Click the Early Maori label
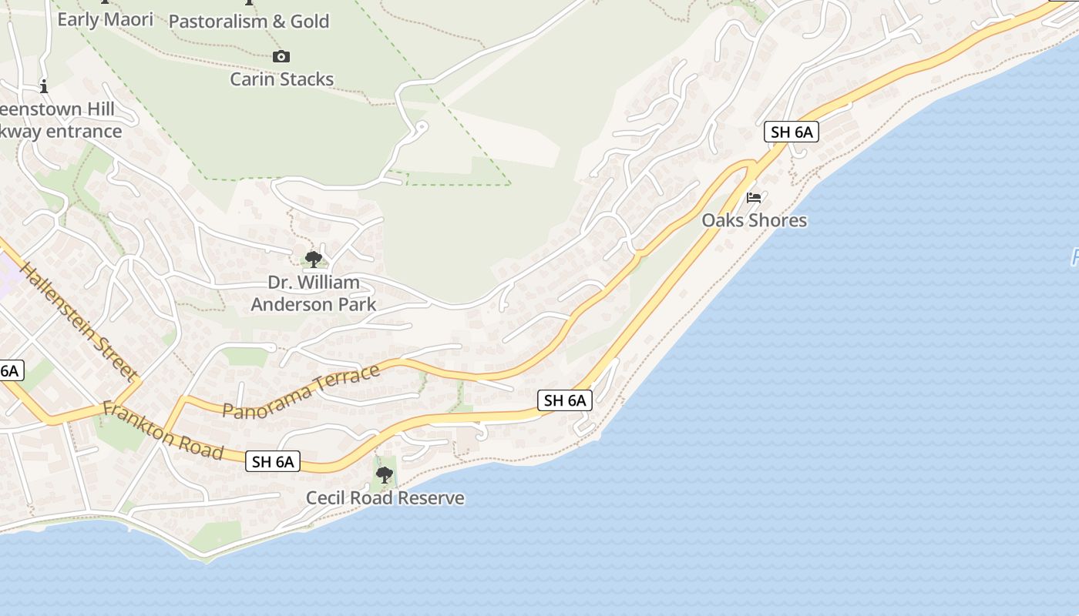tap(105, 19)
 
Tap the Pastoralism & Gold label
tap(248, 22)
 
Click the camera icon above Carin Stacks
tap(281, 56)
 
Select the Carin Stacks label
tap(281, 79)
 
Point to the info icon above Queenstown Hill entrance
tap(44, 85)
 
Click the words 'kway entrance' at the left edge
tap(62, 131)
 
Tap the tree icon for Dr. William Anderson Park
tap(313, 259)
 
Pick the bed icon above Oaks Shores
tap(754, 198)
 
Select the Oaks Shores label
tap(754, 220)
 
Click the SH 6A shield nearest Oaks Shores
tap(792, 132)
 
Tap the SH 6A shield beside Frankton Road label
tap(273, 461)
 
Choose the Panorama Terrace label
tap(301, 391)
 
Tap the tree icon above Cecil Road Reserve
tap(385, 475)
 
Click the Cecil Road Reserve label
tap(385, 498)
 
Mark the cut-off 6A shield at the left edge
tap(10, 370)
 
